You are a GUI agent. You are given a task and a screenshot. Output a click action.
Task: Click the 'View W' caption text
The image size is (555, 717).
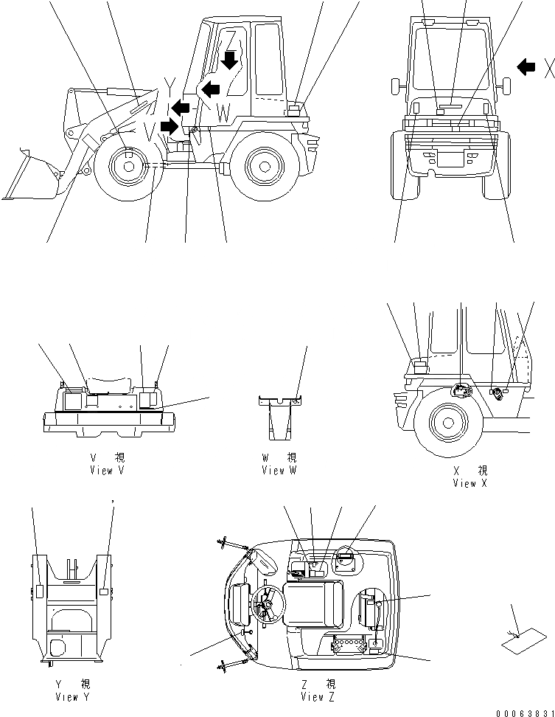click(x=279, y=470)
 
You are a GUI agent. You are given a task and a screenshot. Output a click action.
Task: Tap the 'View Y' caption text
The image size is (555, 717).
click(x=72, y=697)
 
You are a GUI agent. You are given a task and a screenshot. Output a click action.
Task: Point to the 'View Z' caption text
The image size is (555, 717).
click(x=318, y=697)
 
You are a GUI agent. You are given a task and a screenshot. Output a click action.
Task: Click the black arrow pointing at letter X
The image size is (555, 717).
click(x=526, y=67)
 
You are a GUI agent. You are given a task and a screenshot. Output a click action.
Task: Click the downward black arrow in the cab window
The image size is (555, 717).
click(x=231, y=59)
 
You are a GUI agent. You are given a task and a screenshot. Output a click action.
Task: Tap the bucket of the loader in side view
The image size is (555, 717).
click(x=29, y=177)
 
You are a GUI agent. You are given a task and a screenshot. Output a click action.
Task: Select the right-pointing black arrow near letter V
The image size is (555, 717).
click(x=170, y=127)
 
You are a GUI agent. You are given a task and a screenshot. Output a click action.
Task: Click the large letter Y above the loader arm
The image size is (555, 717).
click(x=170, y=86)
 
